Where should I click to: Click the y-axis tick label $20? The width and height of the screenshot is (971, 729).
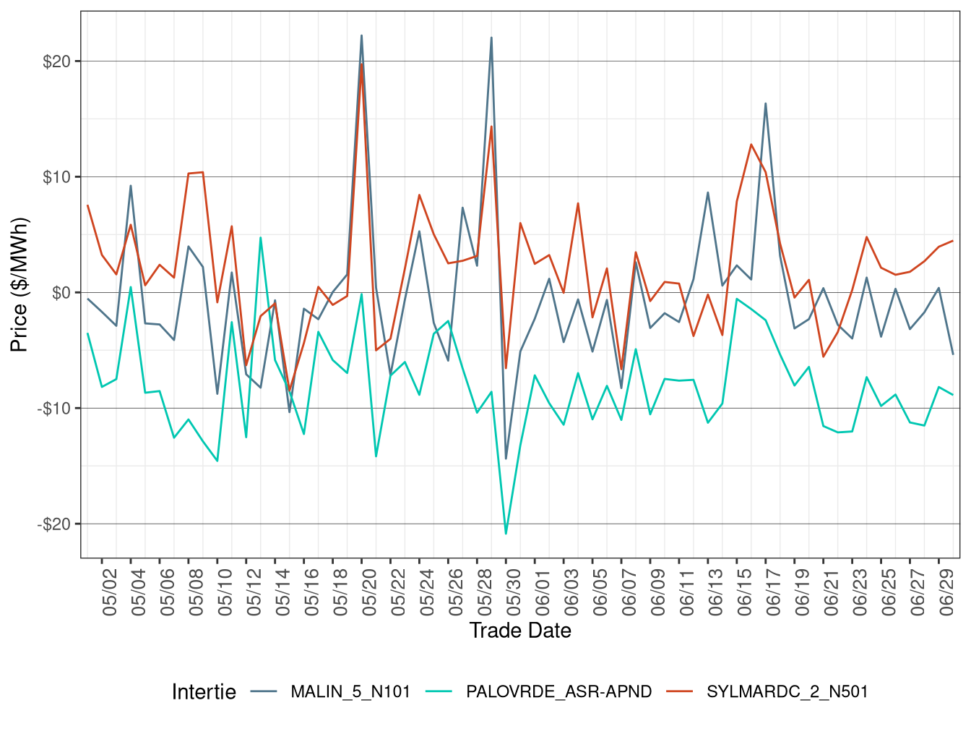click(56, 61)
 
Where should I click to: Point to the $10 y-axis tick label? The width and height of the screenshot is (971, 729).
click(56, 177)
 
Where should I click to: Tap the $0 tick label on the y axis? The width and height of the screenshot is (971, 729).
click(61, 293)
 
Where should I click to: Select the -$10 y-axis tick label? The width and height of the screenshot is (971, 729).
click(54, 409)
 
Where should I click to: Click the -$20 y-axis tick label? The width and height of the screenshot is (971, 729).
click(54, 524)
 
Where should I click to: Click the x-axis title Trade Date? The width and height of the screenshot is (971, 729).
click(520, 631)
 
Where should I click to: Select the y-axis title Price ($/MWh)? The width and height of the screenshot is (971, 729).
click(20, 284)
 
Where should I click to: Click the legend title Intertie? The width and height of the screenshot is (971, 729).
click(204, 692)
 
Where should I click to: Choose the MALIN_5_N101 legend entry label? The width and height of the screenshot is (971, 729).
click(350, 692)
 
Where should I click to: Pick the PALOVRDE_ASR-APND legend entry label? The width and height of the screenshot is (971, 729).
click(558, 692)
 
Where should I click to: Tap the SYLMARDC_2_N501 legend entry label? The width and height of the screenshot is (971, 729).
click(787, 692)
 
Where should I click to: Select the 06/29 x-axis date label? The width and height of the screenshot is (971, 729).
click(946, 592)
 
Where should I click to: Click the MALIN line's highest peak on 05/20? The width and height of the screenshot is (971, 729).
click(361, 35)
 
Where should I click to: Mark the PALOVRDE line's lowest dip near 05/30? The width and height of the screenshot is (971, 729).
click(506, 534)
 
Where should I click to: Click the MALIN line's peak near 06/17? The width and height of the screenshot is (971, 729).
click(765, 103)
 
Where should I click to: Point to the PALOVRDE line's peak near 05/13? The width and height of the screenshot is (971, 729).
click(260, 237)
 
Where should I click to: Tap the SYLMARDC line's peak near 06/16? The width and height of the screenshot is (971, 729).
click(751, 144)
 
